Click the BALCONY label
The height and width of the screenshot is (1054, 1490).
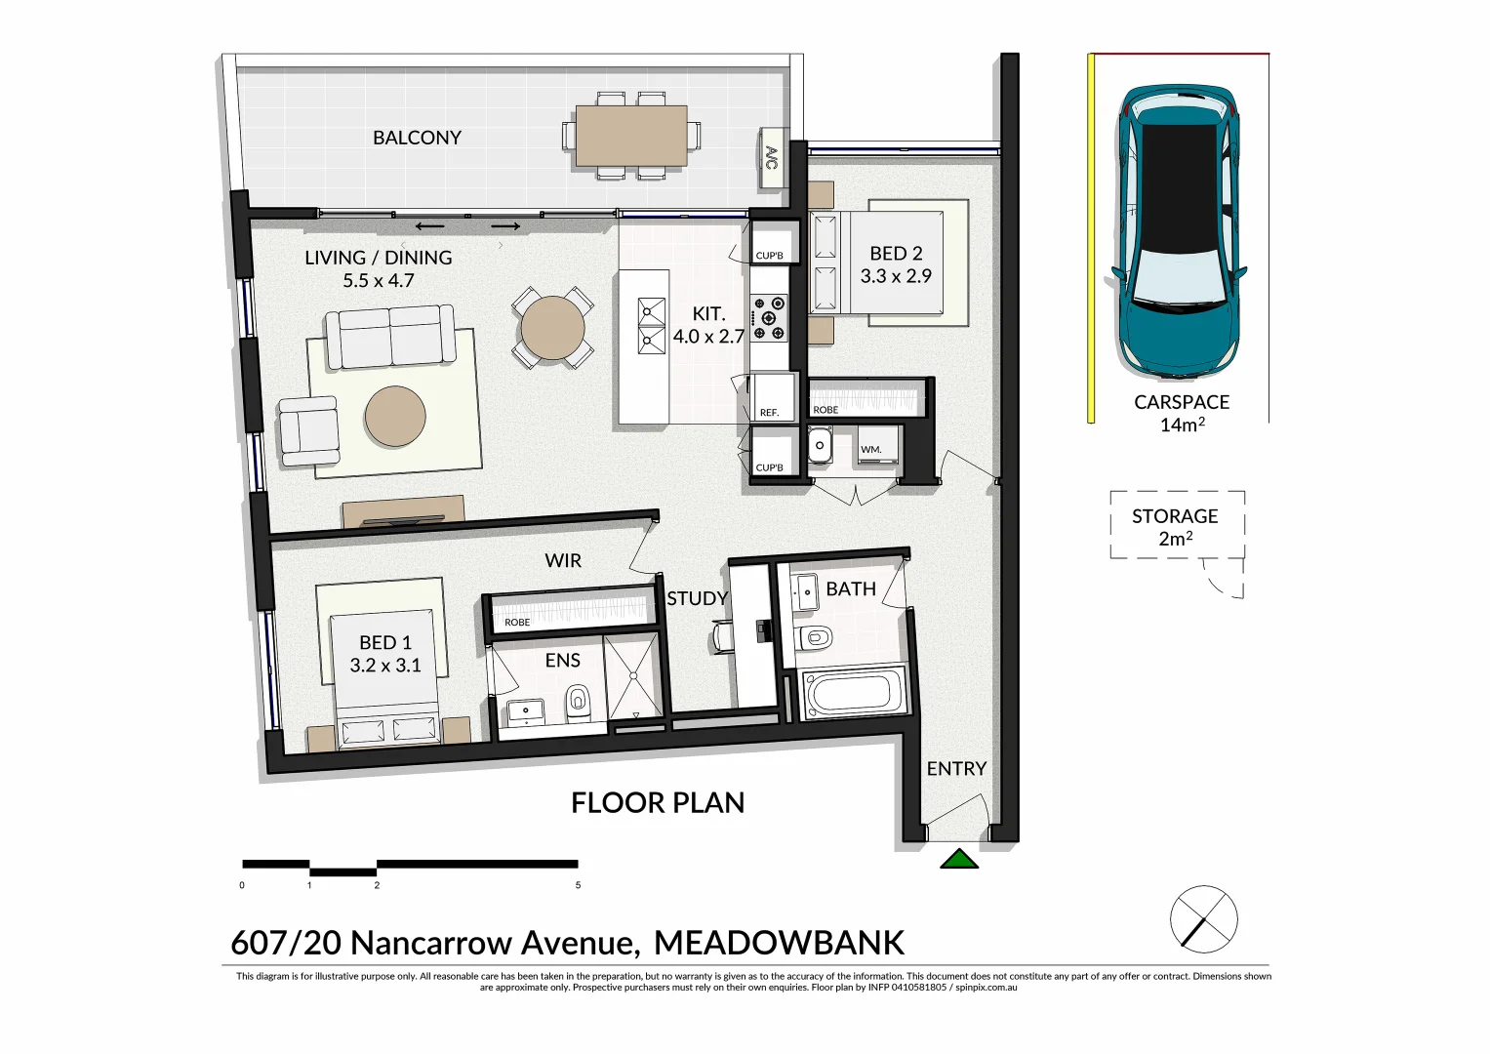(417, 138)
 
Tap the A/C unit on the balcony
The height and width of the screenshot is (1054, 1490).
(772, 158)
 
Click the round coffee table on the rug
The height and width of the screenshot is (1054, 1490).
(395, 417)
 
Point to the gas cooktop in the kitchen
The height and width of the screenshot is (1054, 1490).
(769, 318)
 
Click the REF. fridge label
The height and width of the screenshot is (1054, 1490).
(770, 413)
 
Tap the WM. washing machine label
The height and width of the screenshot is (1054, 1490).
(871, 450)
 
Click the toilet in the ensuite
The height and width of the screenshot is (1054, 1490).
(579, 701)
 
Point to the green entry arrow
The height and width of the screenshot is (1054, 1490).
(959, 859)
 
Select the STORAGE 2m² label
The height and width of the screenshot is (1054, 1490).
(1175, 527)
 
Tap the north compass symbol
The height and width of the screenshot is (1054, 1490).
(1203, 919)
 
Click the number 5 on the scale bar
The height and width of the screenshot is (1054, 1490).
(578, 885)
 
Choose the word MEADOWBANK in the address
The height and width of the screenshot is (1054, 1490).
(779, 943)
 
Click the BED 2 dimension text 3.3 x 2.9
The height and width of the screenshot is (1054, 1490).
(896, 276)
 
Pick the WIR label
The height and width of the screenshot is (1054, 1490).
(563, 561)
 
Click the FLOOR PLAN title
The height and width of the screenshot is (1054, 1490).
(658, 803)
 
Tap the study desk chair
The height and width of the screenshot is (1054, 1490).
(722, 636)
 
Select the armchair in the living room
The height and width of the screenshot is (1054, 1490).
(309, 430)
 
